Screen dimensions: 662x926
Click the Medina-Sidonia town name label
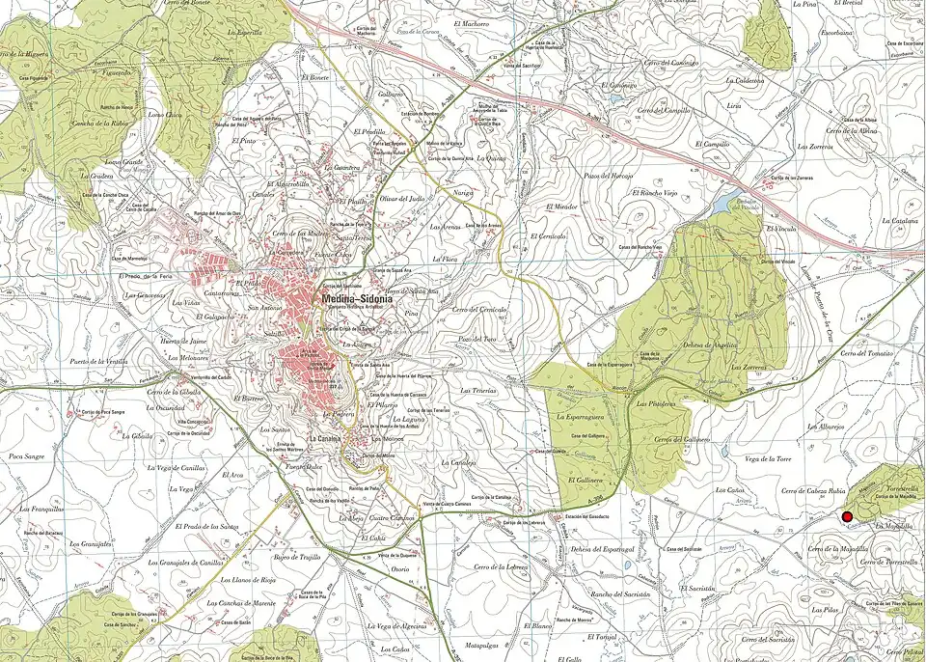click(358, 300)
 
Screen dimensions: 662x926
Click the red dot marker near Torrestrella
click(848, 517)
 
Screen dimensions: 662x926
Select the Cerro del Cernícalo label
click(479, 309)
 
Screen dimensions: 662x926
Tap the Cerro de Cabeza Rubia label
click(811, 491)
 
